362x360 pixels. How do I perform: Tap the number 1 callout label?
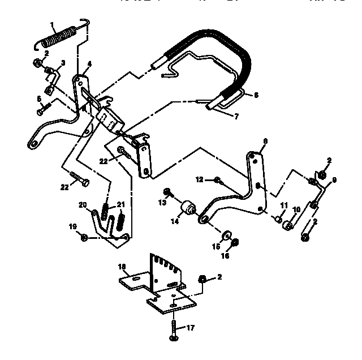pyautogui.click(x=53, y=24)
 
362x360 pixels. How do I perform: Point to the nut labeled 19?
pyautogui.click(x=84, y=237)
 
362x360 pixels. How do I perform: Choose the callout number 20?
pyautogui.click(x=83, y=204)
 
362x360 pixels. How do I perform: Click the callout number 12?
pyautogui.click(x=199, y=179)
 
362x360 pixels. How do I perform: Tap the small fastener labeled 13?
pyautogui.click(x=167, y=191)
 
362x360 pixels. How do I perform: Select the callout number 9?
pyautogui.click(x=334, y=181)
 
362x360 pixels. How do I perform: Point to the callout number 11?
pyautogui.click(x=284, y=205)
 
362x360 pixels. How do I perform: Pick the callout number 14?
pyautogui.click(x=175, y=222)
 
